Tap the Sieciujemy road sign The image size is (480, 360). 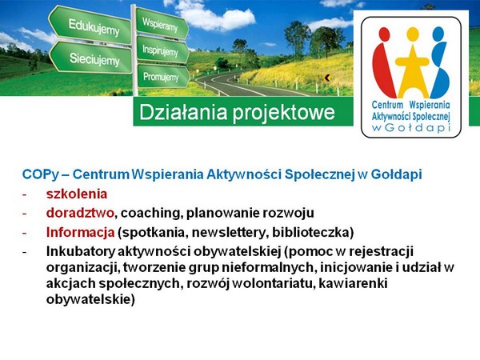point(91,58)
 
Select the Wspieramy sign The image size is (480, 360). point(162,23)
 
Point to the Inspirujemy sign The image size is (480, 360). point(162,50)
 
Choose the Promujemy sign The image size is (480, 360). point(162,76)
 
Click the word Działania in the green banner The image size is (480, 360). point(183,112)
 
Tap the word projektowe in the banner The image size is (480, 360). point(283,113)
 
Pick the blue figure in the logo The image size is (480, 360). point(438,62)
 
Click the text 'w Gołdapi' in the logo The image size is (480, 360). point(411,128)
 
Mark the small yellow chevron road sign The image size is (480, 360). point(327,78)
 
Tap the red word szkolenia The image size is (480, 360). point(77,194)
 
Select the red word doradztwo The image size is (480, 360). point(80,213)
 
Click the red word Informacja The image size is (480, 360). point(81,233)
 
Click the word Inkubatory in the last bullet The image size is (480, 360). point(81,252)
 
